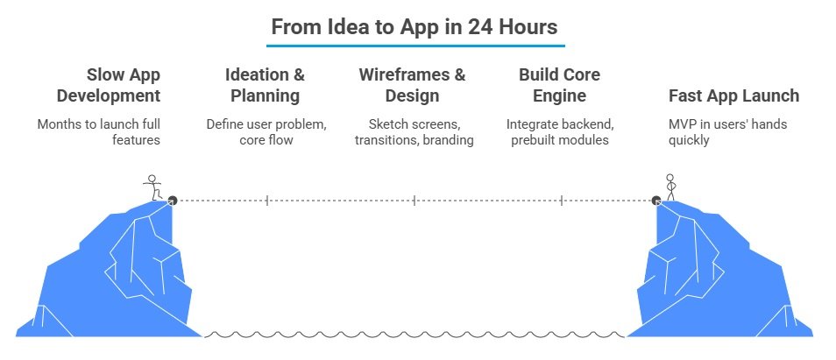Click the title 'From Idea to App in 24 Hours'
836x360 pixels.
pyautogui.click(x=414, y=26)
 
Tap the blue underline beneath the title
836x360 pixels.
pyautogui.click(x=416, y=45)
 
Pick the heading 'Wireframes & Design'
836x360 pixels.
pyautogui.click(x=413, y=84)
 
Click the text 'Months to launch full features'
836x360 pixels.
pyautogui.click(x=99, y=132)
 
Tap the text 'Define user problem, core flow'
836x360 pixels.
pyautogui.click(x=266, y=132)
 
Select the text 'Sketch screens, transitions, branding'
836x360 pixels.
pyautogui.click(x=413, y=132)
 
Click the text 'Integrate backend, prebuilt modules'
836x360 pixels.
pyautogui.click(x=557, y=132)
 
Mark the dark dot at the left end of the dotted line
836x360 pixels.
pyautogui.click(x=172, y=200)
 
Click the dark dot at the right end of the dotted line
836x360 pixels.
pyautogui.click(x=656, y=200)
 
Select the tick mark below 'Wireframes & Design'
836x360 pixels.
pyautogui.click(x=414, y=200)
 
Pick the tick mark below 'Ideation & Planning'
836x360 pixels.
pyautogui.click(x=266, y=200)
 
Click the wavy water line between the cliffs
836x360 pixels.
pyautogui.click(x=414, y=334)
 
